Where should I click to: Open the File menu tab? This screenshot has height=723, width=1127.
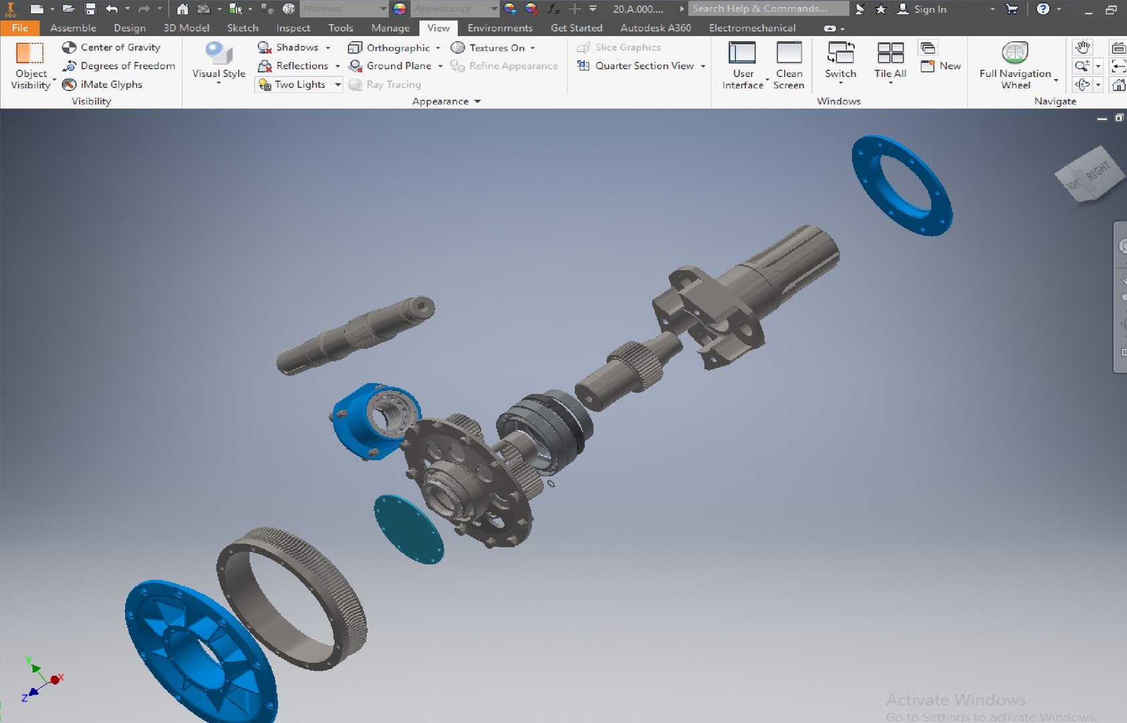pyautogui.click(x=19, y=28)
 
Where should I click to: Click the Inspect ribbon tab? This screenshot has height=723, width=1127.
pyautogui.click(x=293, y=28)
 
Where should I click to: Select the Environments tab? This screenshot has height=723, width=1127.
pyautogui.click(x=500, y=28)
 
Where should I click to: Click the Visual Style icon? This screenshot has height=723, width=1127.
pyautogui.click(x=219, y=54)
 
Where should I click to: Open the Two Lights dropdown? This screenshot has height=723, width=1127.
pyautogui.click(x=338, y=84)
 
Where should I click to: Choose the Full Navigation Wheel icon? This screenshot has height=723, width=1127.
pyautogui.click(x=1015, y=54)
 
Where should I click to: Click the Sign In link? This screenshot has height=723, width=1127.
pyautogui.click(x=929, y=9)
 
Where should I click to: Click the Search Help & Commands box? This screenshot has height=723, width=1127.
pyautogui.click(x=767, y=9)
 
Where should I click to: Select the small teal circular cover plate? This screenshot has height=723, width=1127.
pyautogui.click(x=408, y=530)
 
